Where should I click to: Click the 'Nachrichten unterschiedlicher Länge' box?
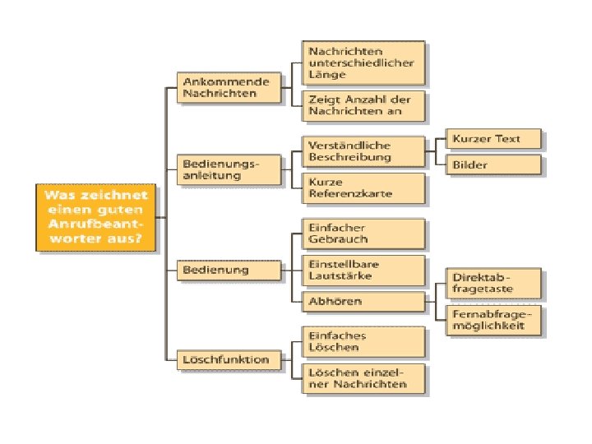(x=363, y=62)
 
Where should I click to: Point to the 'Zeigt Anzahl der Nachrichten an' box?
(x=363, y=104)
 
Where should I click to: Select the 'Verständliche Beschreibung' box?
(x=363, y=151)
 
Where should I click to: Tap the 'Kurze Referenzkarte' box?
(x=363, y=188)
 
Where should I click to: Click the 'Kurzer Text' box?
(x=493, y=138)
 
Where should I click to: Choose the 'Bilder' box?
(x=493, y=164)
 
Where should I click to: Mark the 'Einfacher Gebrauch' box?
(x=363, y=234)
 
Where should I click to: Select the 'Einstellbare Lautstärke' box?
(x=363, y=270)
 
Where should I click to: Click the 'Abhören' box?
(x=363, y=302)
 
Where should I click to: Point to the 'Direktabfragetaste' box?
(x=493, y=284)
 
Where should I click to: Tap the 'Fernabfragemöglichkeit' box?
(x=493, y=320)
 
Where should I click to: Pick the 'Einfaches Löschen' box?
(x=363, y=341)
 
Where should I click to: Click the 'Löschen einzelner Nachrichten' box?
(x=363, y=378)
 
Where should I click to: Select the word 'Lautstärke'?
(x=338, y=275)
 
